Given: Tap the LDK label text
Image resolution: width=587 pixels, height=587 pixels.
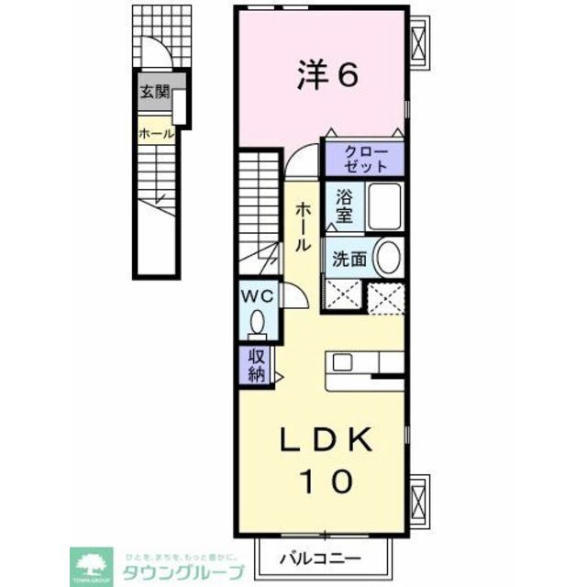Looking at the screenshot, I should click(326, 443).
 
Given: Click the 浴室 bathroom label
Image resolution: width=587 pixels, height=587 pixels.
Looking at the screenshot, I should click(344, 205).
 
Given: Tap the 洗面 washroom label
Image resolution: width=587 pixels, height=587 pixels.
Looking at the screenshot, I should click(349, 260).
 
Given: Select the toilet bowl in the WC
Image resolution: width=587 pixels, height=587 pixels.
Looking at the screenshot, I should click(258, 323).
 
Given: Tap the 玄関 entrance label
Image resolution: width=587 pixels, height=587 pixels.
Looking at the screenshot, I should click(153, 92).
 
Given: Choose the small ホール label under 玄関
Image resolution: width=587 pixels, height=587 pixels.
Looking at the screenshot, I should click(155, 134).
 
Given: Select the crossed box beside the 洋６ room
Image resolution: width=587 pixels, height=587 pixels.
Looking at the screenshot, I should click(418, 42).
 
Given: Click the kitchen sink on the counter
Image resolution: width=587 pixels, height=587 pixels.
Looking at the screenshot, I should click(341, 361).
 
